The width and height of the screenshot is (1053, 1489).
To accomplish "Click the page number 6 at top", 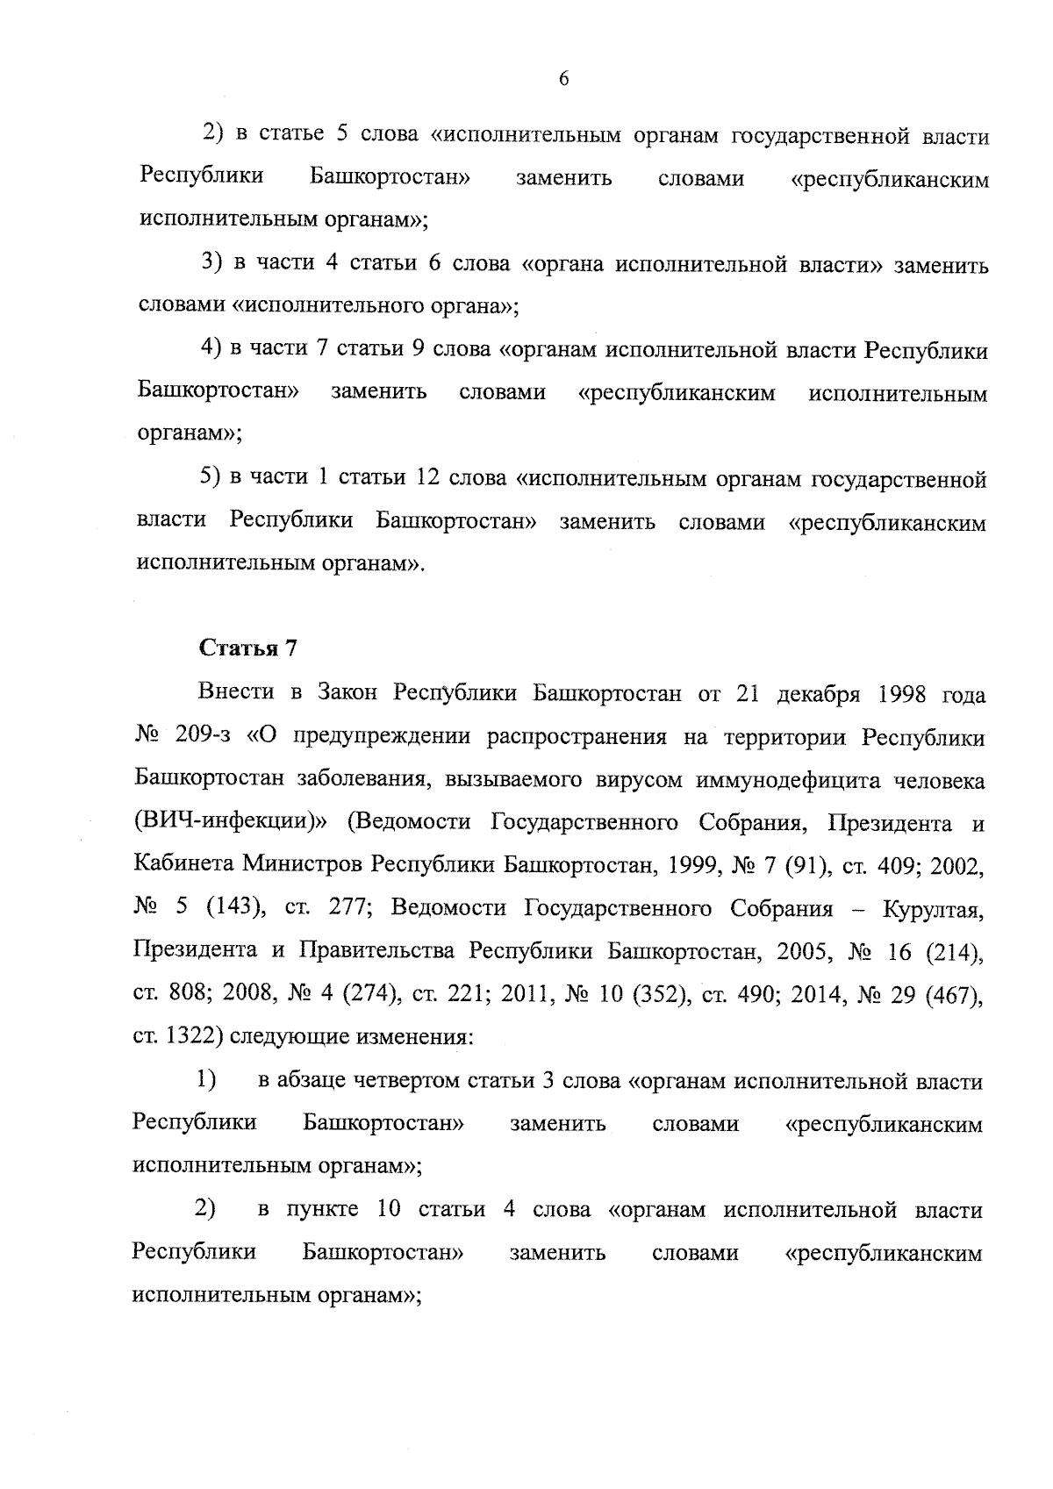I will (563, 79).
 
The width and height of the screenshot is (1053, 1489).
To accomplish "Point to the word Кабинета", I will (180, 865).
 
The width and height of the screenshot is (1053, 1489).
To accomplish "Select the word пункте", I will (323, 1210).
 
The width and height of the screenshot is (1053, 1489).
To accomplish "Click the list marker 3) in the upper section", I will (211, 264).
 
